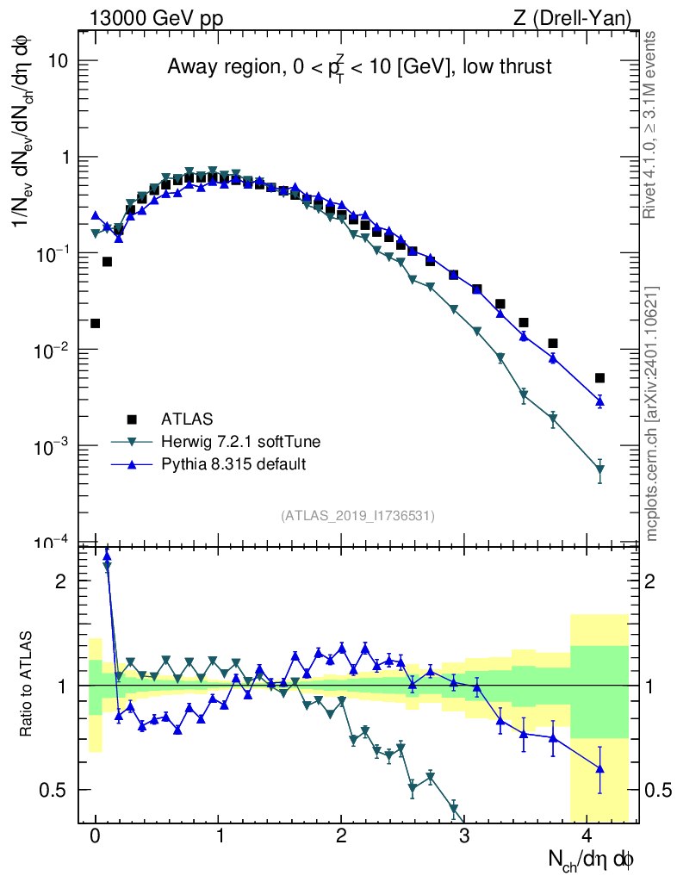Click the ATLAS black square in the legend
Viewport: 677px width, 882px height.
coord(132,419)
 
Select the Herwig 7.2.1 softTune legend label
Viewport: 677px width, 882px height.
coord(241,442)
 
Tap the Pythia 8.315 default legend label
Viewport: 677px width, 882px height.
coord(233,465)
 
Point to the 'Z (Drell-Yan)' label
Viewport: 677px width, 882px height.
coord(580,18)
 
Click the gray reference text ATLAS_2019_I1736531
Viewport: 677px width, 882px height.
coord(357,516)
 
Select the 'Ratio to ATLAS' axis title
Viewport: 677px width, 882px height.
coord(28,685)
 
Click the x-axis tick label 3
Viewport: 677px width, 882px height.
coord(463,835)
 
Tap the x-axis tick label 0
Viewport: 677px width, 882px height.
coord(96,835)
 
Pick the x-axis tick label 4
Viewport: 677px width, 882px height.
coord(587,835)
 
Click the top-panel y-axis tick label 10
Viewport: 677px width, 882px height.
coord(60,61)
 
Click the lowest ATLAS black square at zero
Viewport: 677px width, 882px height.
coord(96,323)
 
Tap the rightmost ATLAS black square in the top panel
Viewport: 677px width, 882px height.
coord(599,377)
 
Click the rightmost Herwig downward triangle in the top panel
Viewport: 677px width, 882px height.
coord(599,470)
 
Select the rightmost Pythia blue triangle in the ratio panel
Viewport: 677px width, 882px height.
coord(599,768)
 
